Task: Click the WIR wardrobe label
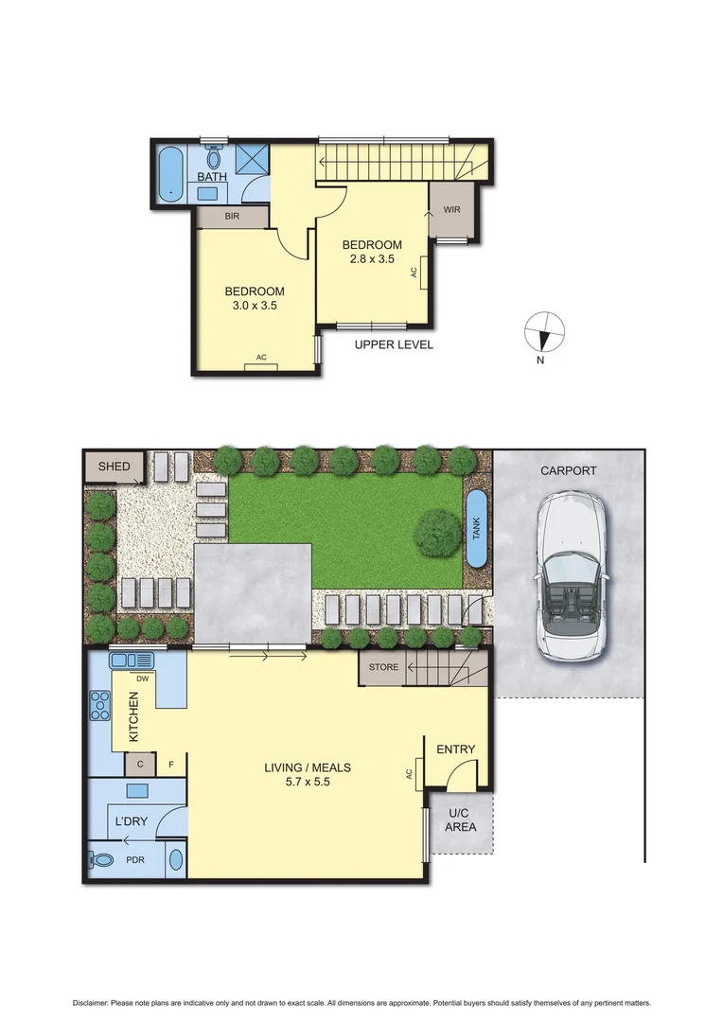pos(450,209)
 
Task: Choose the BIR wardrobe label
pos(232,217)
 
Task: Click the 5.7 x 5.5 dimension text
pos(296,782)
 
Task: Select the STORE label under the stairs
pos(383,667)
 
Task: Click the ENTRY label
pos(455,749)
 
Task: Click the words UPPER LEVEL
pos(394,344)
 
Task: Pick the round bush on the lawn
pos(437,533)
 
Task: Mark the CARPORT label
pos(568,470)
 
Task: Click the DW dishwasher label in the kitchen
pos(143,678)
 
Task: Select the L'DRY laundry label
pos(132,820)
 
